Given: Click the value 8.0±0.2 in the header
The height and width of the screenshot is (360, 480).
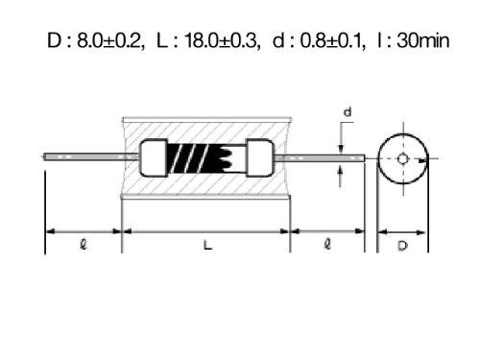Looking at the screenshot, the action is pyautogui.click(x=108, y=40).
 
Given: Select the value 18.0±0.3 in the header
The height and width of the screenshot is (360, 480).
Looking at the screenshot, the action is pyautogui.click(x=221, y=40).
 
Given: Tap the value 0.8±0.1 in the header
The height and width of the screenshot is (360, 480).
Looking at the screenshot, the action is pyautogui.click(x=331, y=40).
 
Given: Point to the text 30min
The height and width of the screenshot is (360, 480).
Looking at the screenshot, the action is pyautogui.click(x=423, y=40).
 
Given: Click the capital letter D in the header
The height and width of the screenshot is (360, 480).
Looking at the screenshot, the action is pyautogui.click(x=54, y=40).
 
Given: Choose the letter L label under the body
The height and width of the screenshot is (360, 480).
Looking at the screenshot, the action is pyautogui.click(x=207, y=246).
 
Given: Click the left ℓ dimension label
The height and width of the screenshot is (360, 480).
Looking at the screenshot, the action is pyautogui.click(x=84, y=245).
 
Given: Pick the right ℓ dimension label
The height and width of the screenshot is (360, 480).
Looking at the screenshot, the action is pyautogui.click(x=327, y=245).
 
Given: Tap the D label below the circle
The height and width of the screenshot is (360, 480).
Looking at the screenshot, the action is pyautogui.click(x=402, y=246).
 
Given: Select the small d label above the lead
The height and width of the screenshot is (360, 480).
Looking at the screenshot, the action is pyautogui.click(x=348, y=112).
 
